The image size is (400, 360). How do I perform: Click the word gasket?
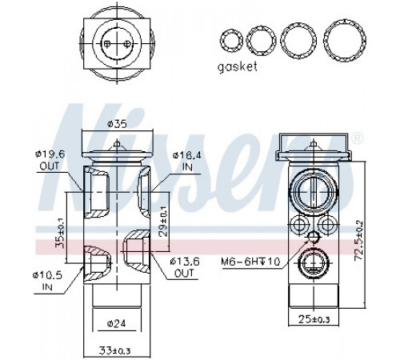(x=238, y=67)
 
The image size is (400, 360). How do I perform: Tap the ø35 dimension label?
(x=117, y=124)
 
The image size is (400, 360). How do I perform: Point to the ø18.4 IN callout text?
(x=187, y=161)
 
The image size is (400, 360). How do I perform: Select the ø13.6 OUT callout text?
(x=185, y=266)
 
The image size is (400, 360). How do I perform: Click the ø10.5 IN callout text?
(x=47, y=280)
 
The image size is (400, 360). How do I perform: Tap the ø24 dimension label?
(x=116, y=324)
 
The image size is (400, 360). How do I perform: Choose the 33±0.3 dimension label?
(x=115, y=350)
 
